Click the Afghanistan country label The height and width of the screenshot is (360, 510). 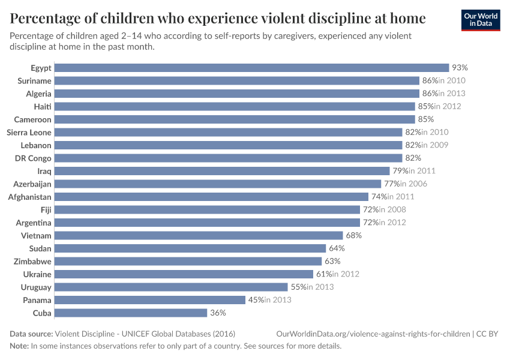[x=29, y=197]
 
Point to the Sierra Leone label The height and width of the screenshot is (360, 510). [x=29, y=132]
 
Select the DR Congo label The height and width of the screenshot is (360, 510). [x=33, y=158]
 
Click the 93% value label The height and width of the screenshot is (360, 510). [x=460, y=68]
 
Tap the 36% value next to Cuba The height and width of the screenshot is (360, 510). [x=218, y=313]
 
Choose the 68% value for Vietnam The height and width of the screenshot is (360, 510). [x=353, y=235]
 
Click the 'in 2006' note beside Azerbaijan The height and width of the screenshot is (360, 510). [x=414, y=184]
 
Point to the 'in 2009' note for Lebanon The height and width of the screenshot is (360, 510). [x=434, y=145]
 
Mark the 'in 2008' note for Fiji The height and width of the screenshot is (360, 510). [x=392, y=209]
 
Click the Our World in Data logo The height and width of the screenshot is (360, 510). [x=481, y=20]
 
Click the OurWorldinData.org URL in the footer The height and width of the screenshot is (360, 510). [x=373, y=334]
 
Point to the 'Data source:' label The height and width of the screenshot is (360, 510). [x=31, y=334]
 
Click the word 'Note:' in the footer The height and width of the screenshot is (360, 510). [x=19, y=346]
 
